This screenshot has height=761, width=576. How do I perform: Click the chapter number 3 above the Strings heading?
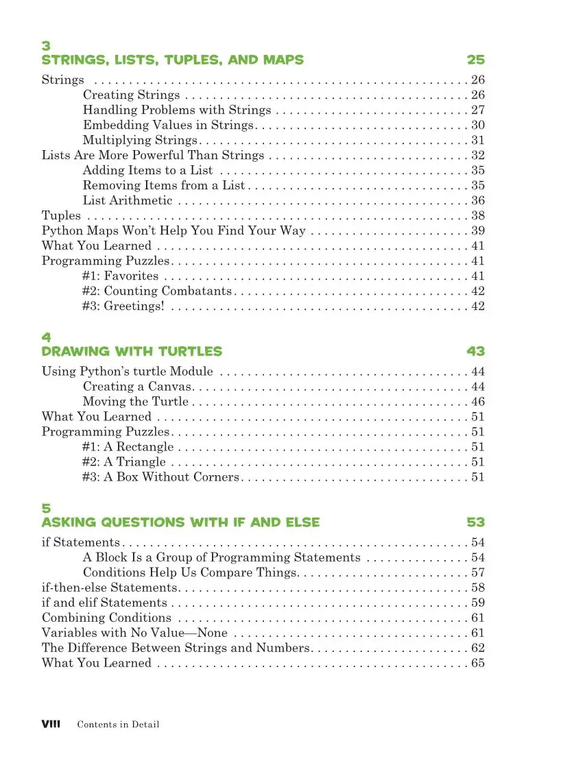click(46, 46)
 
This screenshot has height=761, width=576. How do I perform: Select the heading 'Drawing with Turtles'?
click(132, 352)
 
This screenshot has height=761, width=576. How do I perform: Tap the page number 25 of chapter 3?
click(475, 60)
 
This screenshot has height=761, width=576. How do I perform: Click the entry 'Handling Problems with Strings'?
click(178, 110)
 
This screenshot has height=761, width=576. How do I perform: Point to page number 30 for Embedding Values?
click(478, 125)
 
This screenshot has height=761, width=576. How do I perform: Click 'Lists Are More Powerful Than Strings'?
click(153, 155)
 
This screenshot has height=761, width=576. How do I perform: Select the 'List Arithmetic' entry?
click(128, 200)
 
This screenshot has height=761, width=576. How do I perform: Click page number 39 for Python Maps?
click(478, 230)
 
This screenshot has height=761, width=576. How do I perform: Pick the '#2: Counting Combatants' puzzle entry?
click(157, 291)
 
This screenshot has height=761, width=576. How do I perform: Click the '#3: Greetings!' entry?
click(123, 306)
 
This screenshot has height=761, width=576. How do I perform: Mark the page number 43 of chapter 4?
click(475, 352)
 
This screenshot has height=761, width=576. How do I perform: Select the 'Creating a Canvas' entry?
click(137, 387)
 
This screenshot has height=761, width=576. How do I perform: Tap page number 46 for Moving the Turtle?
click(478, 402)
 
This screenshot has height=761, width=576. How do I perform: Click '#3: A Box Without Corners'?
click(160, 477)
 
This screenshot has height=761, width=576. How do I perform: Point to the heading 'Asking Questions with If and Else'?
click(180, 522)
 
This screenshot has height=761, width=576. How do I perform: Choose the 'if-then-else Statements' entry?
click(110, 588)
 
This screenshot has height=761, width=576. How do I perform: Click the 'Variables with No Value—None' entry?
click(134, 633)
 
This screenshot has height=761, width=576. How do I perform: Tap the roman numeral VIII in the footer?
click(52, 724)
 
